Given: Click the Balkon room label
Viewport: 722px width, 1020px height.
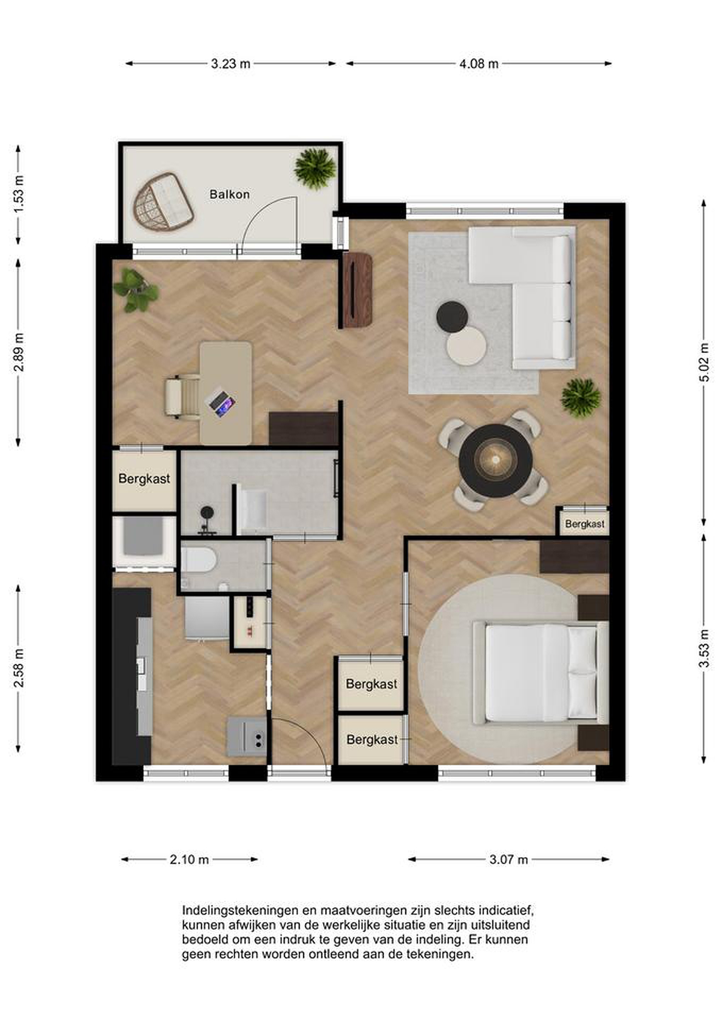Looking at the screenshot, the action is pos(229,194).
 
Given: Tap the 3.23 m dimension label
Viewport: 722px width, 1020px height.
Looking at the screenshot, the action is pos(230,64).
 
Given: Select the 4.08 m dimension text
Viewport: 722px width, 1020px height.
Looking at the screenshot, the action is pos(479,64).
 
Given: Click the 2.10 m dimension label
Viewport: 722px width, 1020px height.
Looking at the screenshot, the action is pos(189,860).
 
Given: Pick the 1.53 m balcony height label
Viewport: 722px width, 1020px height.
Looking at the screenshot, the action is pos(19,194).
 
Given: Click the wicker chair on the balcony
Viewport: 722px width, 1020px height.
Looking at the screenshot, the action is pos(163,202).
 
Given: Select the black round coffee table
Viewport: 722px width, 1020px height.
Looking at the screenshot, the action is pos(452,317).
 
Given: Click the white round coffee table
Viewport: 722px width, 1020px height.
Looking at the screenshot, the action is pos(466,346).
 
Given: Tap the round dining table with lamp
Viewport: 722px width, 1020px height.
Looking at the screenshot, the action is pos(496,461).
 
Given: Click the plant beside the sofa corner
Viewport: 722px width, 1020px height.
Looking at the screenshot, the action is pos(581,398).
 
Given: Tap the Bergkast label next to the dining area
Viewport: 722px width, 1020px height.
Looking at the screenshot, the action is pos(584,524).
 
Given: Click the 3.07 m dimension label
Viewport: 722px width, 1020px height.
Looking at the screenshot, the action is pos(509,860).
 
